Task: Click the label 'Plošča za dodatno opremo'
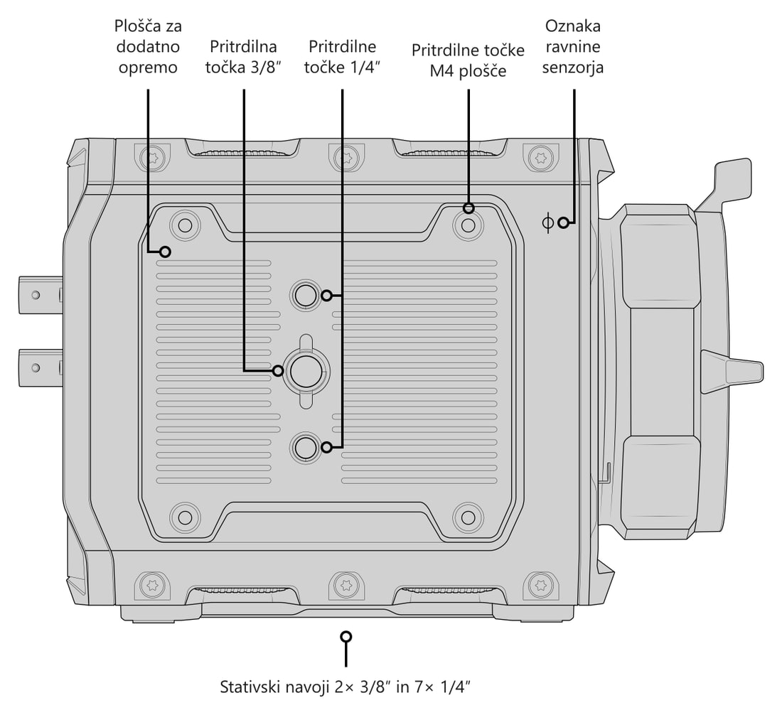click(148, 46)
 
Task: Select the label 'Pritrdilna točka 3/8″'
click(243, 57)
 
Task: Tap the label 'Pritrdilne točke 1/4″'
click(342, 57)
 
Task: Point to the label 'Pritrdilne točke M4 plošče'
click(468, 60)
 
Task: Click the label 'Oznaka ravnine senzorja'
click(572, 46)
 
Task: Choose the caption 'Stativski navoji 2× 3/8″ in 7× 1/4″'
click(345, 687)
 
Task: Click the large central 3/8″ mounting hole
click(305, 372)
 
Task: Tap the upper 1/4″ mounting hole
click(305, 296)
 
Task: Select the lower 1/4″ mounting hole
click(305, 447)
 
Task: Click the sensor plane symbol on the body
click(547, 222)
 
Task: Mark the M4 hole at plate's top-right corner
click(468, 225)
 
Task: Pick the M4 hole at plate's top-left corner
click(185, 225)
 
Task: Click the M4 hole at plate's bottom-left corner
click(185, 517)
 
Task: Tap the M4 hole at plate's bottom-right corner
click(468, 517)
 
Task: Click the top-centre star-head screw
click(346, 158)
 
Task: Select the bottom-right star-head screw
click(540, 584)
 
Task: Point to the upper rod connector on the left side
click(41, 295)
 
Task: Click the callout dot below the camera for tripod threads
click(346, 637)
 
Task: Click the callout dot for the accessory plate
click(165, 252)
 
